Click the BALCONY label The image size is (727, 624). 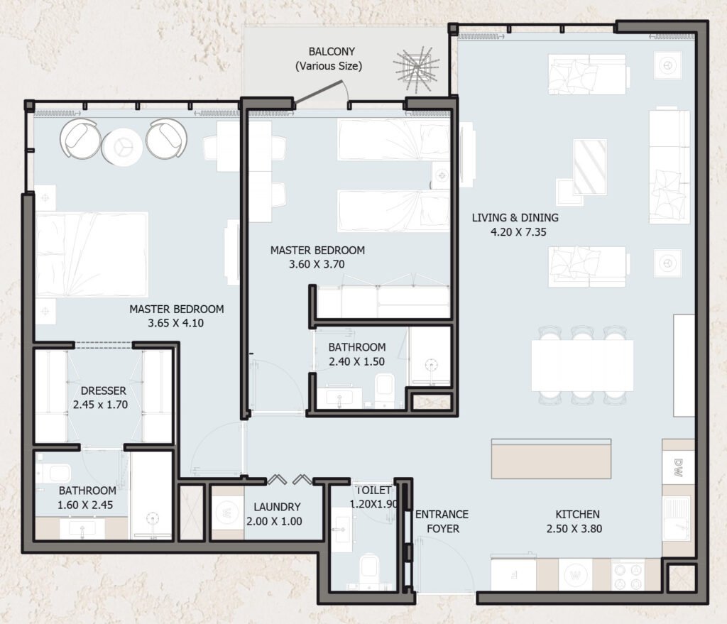332,51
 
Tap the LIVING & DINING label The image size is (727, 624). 515,217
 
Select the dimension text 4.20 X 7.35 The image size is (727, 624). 518,232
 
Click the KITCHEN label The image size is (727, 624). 577,514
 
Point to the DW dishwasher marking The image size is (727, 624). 679,468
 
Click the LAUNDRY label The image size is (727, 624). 278,507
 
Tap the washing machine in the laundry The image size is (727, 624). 227,513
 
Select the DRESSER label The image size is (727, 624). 104,390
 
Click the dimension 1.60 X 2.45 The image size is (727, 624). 85,505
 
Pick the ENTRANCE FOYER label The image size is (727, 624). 442,521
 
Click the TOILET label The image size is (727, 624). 373,490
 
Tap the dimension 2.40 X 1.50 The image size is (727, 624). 356,361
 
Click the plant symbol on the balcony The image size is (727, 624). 416,67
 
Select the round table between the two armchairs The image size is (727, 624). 122,147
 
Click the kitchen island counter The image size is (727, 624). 551,459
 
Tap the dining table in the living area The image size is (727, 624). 582,366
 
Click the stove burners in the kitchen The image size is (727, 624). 628,575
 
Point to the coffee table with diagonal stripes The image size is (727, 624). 590,167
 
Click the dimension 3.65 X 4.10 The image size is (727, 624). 176,323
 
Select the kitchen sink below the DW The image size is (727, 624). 677,519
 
